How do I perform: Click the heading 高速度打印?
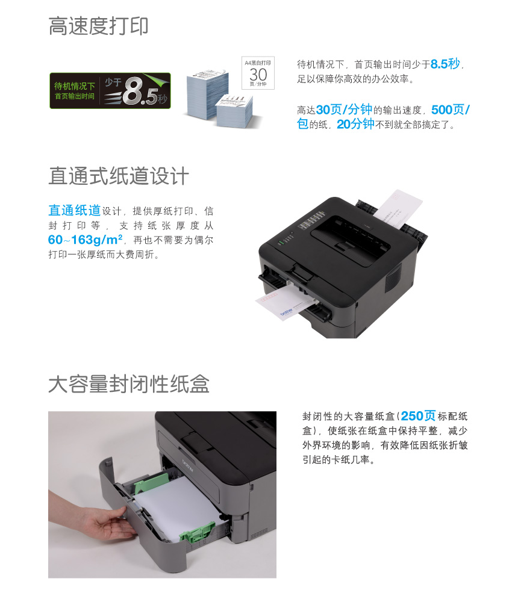[x=98, y=26]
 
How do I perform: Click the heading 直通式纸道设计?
[x=119, y=176]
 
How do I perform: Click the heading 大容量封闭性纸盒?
[x=129, y=384]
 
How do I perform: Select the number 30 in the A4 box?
[x=258, y=74]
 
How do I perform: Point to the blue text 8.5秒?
[x=445, y=64]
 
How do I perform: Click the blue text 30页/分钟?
[x=344, y=110]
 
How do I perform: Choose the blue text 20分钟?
[x=355, y=124]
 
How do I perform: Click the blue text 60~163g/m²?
[x=86, y=240]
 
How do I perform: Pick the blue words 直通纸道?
[x=75, y=210]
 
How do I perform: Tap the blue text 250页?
[x=418, y=415]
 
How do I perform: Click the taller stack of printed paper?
[x=207, y=93]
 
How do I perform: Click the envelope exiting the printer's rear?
[x=398, y=208]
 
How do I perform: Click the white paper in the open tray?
[x=176, y=504]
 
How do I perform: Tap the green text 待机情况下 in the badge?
[x=75, y=86]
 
